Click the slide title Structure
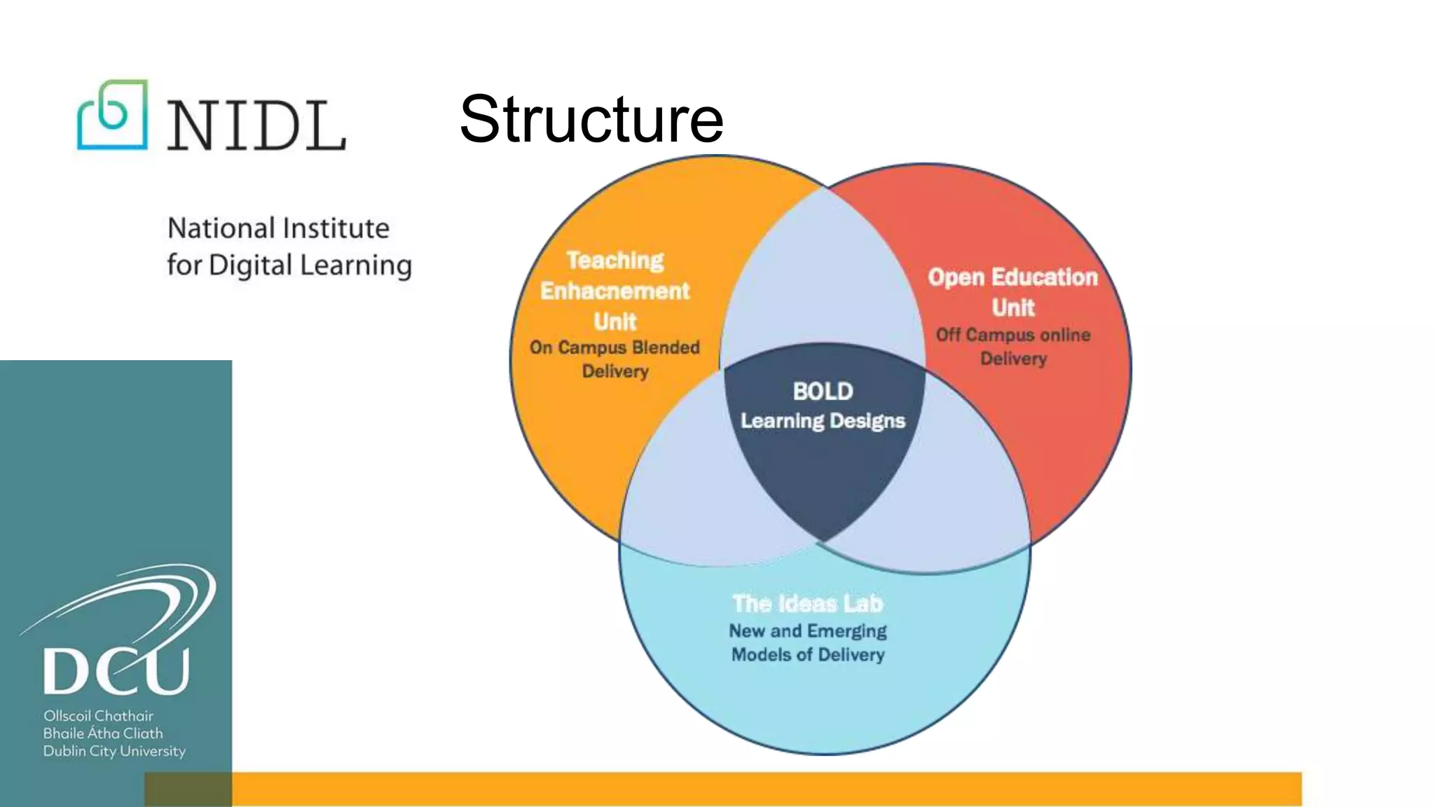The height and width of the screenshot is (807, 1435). pos(591,119)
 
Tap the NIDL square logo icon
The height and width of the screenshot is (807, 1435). pos(112,115)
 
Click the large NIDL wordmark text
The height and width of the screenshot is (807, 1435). pos(256,126)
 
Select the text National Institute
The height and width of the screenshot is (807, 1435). pos(278,228)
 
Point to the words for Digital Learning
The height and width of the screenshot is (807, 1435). pos(289,265)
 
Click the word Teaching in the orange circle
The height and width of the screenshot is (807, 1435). pos(615,261)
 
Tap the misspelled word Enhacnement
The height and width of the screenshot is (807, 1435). pos(614,291)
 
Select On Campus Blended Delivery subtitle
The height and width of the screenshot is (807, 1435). pos(614,359)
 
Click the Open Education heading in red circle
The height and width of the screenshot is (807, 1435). pos(1012,277)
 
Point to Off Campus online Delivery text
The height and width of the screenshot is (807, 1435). pos(1013,347)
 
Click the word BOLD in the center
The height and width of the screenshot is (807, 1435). pos(823,391)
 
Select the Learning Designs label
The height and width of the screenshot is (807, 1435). pos(823,421)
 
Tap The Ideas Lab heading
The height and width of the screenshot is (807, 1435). pos(807,603)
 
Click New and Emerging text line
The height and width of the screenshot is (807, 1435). pos(807,631)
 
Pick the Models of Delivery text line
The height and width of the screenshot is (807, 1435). pos(808,655)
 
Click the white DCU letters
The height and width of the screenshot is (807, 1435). pos(116,670)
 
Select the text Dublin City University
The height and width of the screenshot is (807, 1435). pos(114,751)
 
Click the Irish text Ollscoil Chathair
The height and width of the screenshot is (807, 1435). pos(98,716)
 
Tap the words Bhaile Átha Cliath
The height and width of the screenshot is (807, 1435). pos(103,733)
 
